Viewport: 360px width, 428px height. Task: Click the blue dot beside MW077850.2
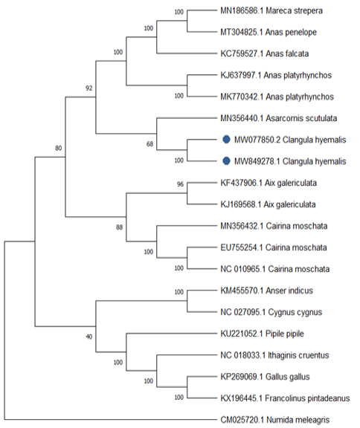point(226,140)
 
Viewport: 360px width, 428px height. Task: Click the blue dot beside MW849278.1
point(226,161)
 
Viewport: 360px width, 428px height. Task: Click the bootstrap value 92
point(89,88)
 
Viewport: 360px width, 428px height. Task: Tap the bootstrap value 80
point(59,148)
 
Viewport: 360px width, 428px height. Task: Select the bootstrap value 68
point(150,144)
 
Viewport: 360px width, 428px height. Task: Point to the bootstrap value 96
point(180,184)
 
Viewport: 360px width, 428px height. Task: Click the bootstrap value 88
point(119,227)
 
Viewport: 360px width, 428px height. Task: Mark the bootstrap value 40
point(89,337)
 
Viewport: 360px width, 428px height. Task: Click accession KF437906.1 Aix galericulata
point(269,183)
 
